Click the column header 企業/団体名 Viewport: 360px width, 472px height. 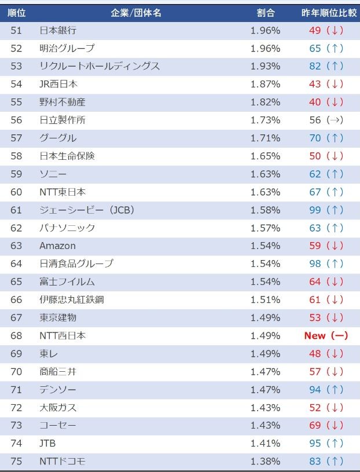[x=136, y=12]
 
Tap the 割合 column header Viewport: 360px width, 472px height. [x=266, y=12]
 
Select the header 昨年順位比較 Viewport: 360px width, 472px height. [x=326, y=12]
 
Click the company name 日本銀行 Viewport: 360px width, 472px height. [x=58, y=30]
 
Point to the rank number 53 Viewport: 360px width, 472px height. [x=16, y=66]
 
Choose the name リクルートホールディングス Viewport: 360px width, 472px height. [x=100, y=66]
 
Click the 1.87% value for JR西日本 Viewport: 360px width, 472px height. [x=266, y=84]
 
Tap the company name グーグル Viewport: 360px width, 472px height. [x=58, y=138]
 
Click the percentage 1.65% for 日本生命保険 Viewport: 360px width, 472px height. [x=266, y=156]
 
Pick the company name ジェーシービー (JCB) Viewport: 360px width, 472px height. [x=87, y=210]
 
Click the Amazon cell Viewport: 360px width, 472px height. [x=57, y=246]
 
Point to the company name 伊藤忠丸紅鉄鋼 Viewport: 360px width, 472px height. [x=72, y=299]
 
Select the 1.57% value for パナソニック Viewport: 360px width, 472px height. [x=266, y=228]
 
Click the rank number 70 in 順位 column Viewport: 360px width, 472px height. [x=16, y=371]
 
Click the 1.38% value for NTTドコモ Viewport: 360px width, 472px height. [x=266, y=461]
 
